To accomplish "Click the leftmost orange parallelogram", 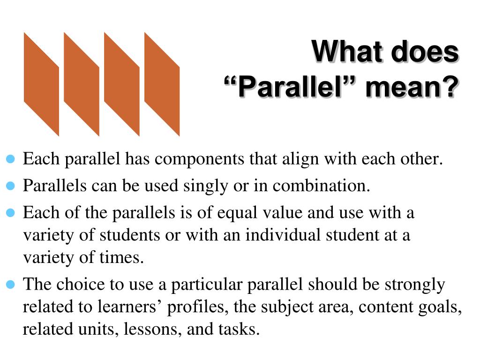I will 41,84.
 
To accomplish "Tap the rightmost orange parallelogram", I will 162,84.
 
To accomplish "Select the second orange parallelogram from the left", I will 82,84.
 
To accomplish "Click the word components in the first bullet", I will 200,160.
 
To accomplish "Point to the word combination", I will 321,187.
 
